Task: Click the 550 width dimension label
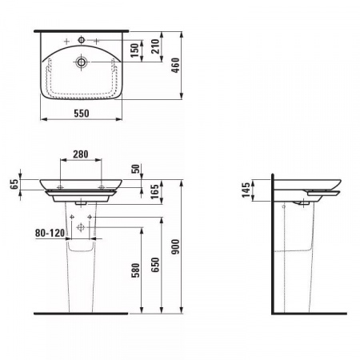coord(82,114)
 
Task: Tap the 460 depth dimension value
coord(176,66)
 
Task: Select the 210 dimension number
coord(155,46)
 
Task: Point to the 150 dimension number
coord(134,50)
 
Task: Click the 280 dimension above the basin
coord(81,154)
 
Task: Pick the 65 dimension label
coord(14,184)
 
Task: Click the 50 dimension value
coord(135,169)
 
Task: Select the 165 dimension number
coord(154,191)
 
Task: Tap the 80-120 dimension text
coord(50,233)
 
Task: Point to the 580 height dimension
coord(135,270)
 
